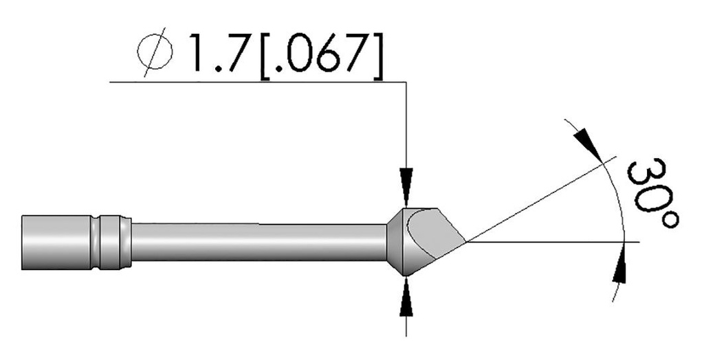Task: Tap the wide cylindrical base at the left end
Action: coord(55,241)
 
